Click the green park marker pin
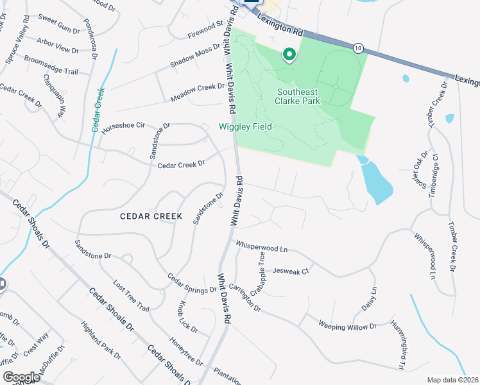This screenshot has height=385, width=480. pos(289,56)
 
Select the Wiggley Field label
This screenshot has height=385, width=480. pos(246,126)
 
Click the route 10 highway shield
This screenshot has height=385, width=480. pos(358,47)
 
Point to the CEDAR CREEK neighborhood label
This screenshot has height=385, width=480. pos(151,216)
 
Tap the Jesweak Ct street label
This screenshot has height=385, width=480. pos(291,271)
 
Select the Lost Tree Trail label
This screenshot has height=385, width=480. pos(131,296)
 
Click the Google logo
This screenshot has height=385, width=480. pos(21,377)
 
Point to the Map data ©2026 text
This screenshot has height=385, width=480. pos(452,380)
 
